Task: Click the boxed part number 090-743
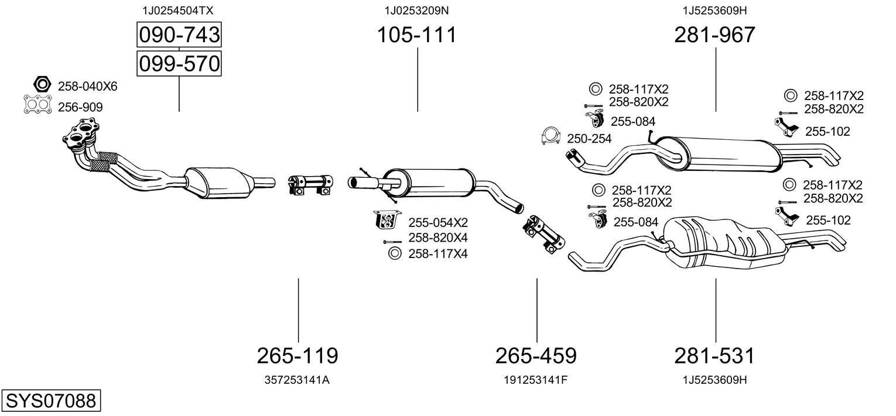coord(179,35)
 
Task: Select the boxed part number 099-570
coord(179,64)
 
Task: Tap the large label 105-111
coord(417,35)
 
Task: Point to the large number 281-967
coord(715,35)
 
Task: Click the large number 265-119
coord(297,355)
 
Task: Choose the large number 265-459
coord(536,355)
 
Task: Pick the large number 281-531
coord(714,355)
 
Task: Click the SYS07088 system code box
coord(51,400)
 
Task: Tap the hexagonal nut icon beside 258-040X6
coord(42,85)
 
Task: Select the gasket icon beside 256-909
coord(37,105)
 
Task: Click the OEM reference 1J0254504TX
coord(178,11)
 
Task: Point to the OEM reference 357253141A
coord(297,380)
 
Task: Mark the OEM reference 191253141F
coord(536,380)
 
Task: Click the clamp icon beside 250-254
coord(550,137)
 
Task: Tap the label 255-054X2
coord(438,222)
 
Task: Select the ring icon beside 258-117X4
coord(394,253)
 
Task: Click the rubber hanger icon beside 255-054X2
coord(387,220)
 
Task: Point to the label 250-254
coord(589,139)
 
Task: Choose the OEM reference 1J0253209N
coord(417,11)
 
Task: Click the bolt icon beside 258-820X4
coord(392,242)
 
